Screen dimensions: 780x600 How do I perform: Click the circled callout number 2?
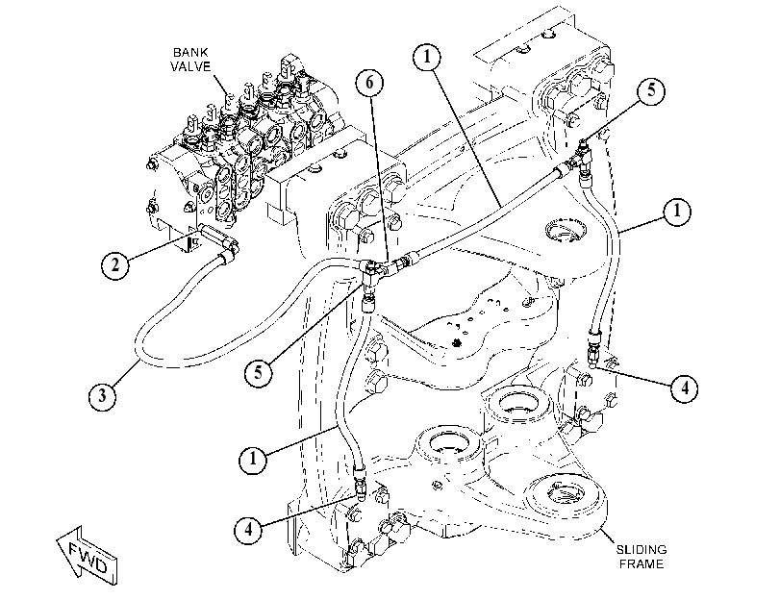point(115,264)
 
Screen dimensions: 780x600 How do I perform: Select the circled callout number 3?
point(103,395)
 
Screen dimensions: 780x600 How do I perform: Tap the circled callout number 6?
point(369,82)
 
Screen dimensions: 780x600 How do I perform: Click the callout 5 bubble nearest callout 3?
point(258,372)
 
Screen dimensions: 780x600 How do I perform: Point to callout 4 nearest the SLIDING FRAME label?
point(685,387)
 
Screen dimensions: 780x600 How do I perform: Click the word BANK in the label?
point(190,52)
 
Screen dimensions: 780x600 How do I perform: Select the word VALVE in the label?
point(191,66)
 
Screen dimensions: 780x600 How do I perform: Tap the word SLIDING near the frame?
point(642,550)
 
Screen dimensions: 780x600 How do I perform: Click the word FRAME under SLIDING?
point(642,564)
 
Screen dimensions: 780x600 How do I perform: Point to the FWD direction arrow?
point(88,556)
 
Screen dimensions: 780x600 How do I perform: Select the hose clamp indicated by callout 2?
point(226,258)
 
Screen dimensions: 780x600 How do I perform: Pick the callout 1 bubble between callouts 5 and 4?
point(676,212)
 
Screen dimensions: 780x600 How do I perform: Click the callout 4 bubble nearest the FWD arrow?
point(249,530)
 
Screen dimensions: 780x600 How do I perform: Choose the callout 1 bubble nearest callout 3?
point(253,458)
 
